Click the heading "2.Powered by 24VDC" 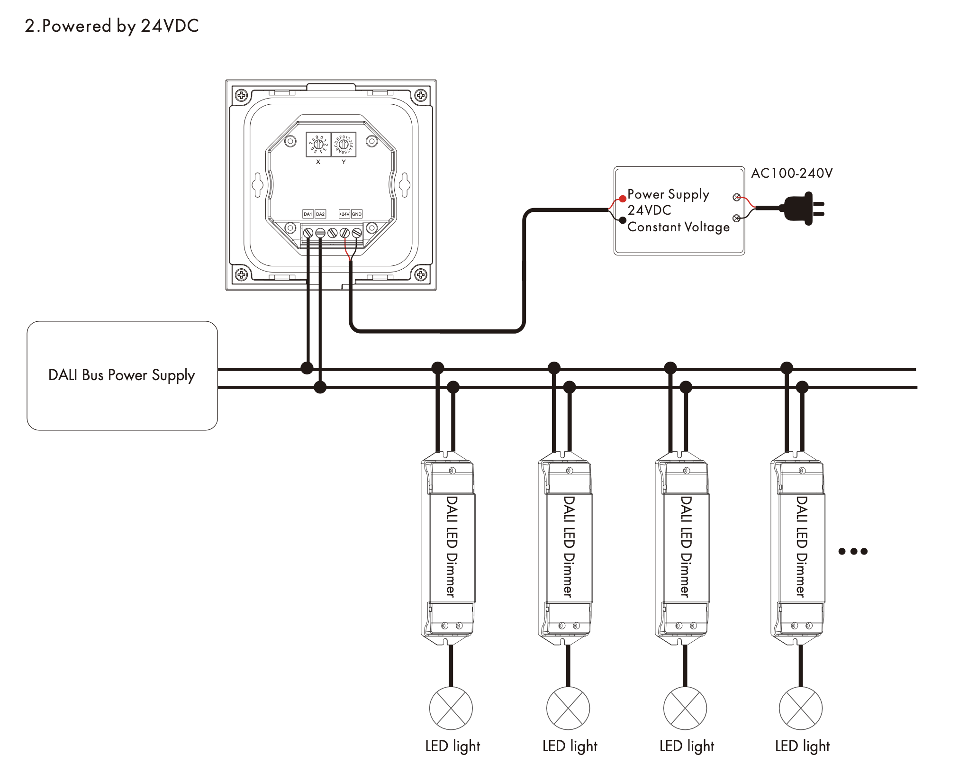pyautogui.click(x=112, y=26)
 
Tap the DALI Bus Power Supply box pyautogui.click(x=122, y=375)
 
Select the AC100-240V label pyautogui.click(x=792, y=173)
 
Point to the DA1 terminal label pyautogui.click(x=308, y=214)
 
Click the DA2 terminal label pyautogui.click(x=320, y=214)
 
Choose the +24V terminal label pyautogui.click(x=344, y=214)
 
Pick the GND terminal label pyautogui.click(x=357, y=214)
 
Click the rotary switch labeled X pyautogui.click(x=318, y=144)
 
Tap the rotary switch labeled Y pyautogui.click(x=344, y=144)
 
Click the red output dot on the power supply pyautogui.click(x=623, y=199)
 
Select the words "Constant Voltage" pyautogui.click(x=679, y=227)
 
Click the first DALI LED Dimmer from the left pyautogui.click(x=448, y=547)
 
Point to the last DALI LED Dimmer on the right pyautogui.click(x=798, y=547)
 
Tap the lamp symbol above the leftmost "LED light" pyautogui.click(x=451, y=708)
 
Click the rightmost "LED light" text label pyautogui.click(x=802, y=746)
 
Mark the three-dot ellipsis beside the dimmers pyautogui.click(x=853, y=551)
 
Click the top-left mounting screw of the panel pyautogui.click(x=241, y=95)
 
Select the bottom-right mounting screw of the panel pyautogui.click(x=421, y=274)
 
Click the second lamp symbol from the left pyautogui.click(x=568, y=708)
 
